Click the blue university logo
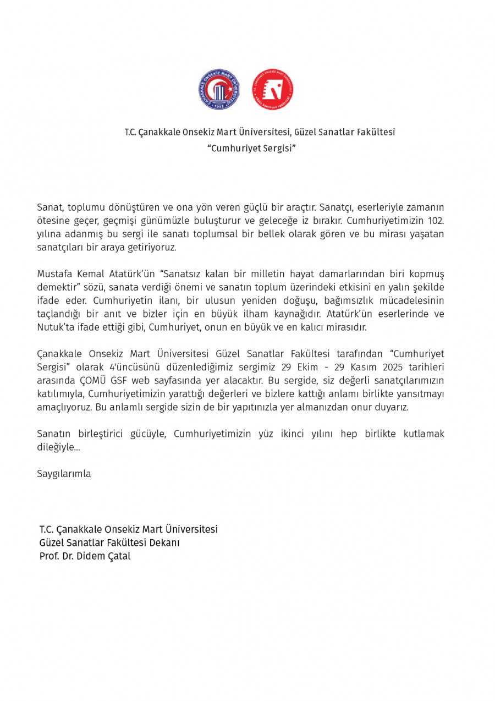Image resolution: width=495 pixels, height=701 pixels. [219, 89]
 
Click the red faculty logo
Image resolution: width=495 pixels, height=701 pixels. [273, 89]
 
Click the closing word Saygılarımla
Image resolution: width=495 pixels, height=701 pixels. [64, 474]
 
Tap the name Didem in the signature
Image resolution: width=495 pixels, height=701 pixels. [96, 556]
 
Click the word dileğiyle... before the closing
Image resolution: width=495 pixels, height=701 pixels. [58, 447]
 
